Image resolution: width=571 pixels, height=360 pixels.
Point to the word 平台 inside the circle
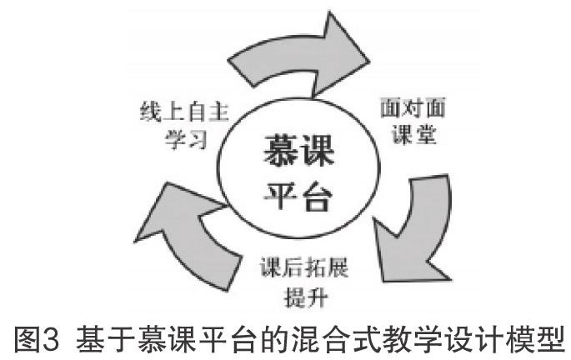pyautogui.click(x=296, y=198)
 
